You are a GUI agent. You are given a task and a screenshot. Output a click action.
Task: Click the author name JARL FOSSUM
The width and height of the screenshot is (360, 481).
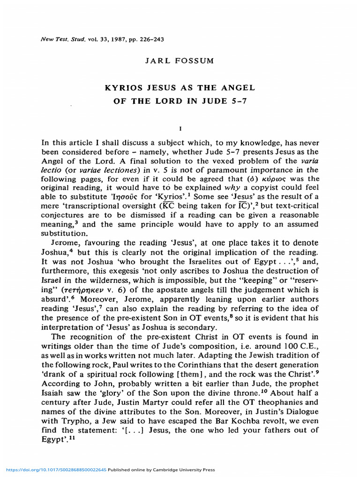180,61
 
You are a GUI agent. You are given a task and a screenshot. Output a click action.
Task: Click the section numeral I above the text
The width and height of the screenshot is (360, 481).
180,128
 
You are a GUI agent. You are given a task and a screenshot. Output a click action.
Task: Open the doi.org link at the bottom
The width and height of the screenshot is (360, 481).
57,470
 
